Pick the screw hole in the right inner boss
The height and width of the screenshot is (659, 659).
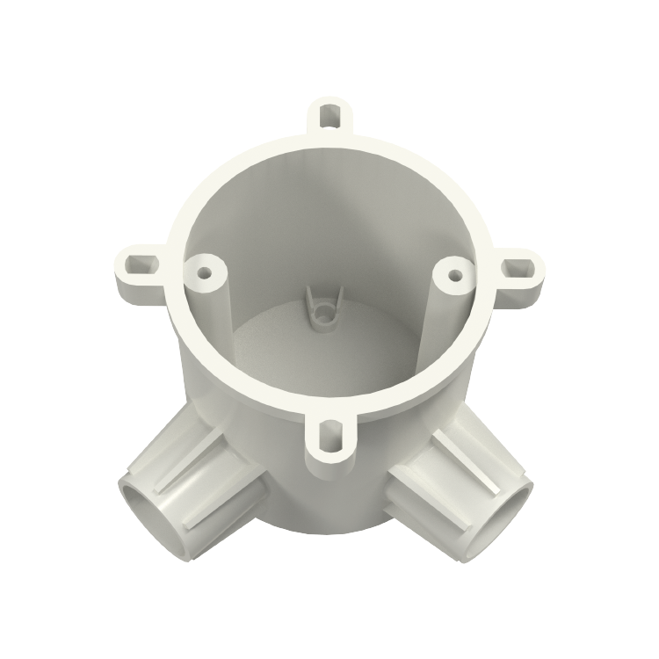[x=453, y=273]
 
